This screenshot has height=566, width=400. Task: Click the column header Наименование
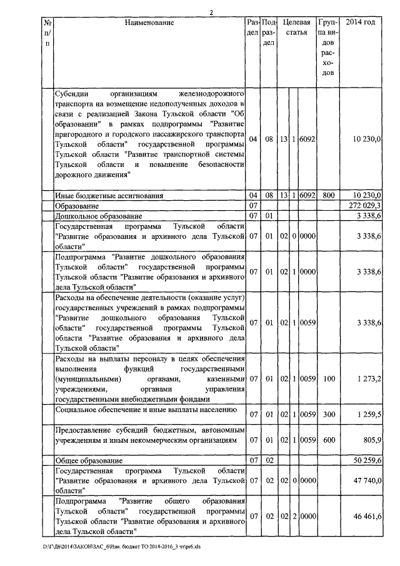tap(148, 23)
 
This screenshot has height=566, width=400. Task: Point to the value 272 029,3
tap(364, 206)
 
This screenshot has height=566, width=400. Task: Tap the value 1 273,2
tap(369, 379)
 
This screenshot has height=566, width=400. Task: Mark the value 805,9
tap(371, 440)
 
